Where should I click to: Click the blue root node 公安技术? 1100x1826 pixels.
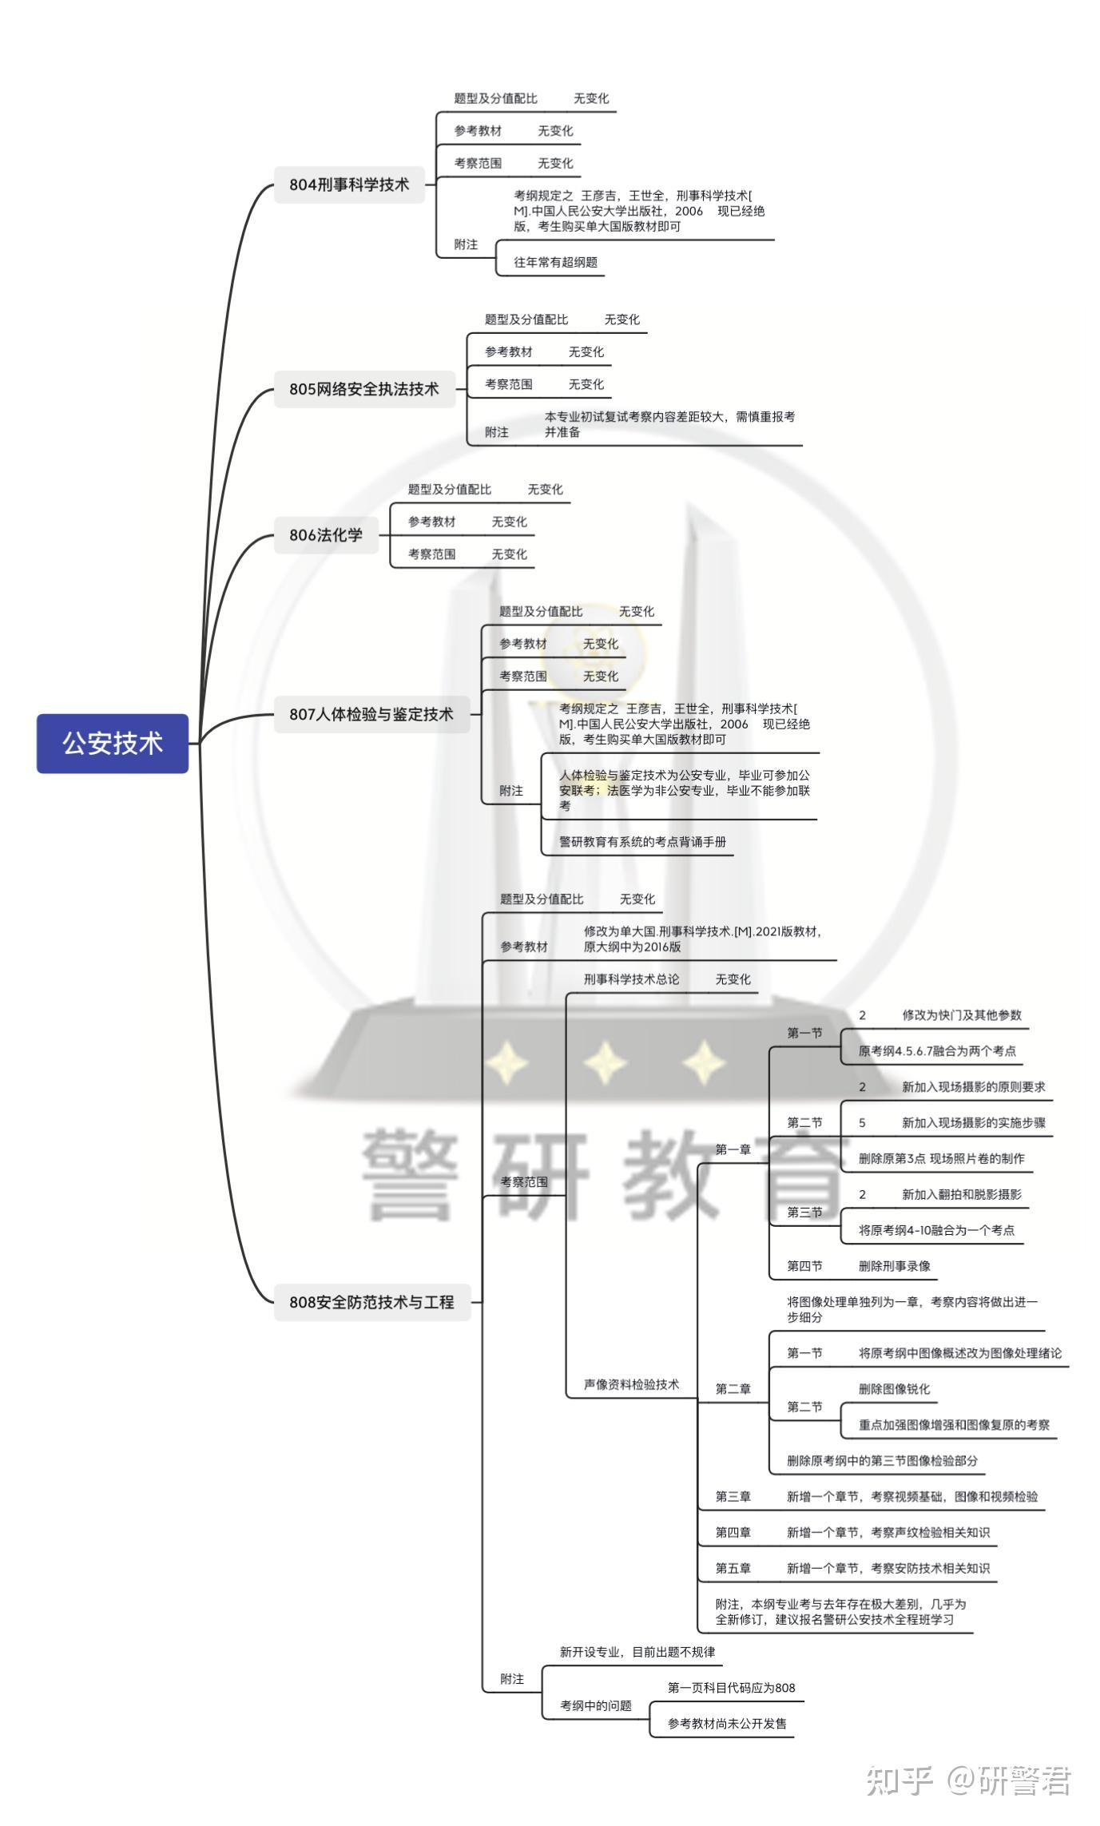pyautogui.click(x=113, y=743)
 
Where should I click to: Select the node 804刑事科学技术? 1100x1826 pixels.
pyautogui.click(x=349, y=185)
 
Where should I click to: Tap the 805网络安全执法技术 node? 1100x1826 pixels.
pyautogui.click(x=364, y=389)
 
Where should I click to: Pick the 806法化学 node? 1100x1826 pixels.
pyautogui.click(x=326, y=535)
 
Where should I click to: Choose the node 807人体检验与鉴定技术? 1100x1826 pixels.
pyautogui.click(x=371, y=714)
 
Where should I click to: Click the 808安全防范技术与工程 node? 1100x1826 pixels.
pyautogui.click(x=372, y=1302)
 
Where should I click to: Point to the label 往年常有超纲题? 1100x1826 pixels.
pyautogui.click(x=555, y=262)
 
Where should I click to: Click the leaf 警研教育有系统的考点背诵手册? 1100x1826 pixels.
pyautogui.click(x=642, y=841)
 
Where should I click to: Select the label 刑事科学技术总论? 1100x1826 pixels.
pyautogui.click(x=631, y=979)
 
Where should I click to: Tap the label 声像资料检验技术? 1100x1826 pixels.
pyautogui.click(x=631, y=1384)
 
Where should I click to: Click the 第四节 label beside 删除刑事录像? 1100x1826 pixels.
pyautogui.click(x=804, y=1266)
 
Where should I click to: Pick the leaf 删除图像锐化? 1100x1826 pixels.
pyautogui.click(x=894, y=1389)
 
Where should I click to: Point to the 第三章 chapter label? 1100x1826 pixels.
pyautogui.click(x=733, y=1497)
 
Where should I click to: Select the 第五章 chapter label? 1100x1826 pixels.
pyautogui.click(x=733, y=1569)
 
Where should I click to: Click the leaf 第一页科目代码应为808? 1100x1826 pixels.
pyautogui.click(x=731, y=1688)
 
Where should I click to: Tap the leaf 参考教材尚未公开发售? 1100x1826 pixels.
pyautogui.click(x=727, y=1724)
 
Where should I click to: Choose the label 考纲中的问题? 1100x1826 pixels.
pyautogui.click(x=596, y=1705)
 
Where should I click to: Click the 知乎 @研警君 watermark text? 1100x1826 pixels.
pyautogui.click(x=968, y=1781)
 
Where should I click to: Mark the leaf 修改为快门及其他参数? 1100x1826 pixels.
pyautogui.click(x=962, y=1015)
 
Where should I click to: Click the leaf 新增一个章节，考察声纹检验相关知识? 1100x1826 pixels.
pyautogui.click(x=888, y=1533)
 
